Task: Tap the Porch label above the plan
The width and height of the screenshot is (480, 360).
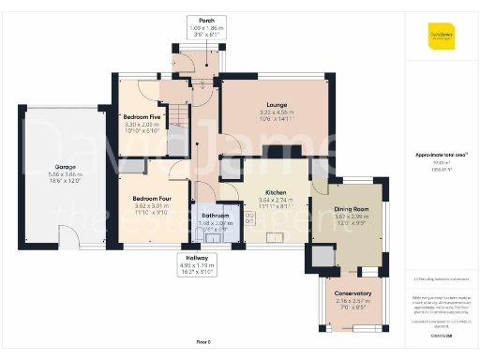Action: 201,21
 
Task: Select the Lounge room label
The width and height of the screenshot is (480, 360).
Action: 276,105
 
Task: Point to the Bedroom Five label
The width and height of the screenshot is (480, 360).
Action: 143,116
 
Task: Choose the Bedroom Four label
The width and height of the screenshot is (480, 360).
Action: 150,199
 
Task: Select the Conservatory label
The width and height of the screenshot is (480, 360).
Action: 353,293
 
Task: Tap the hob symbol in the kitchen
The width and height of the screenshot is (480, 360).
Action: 249,217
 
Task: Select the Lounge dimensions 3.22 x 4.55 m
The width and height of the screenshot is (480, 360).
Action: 276,112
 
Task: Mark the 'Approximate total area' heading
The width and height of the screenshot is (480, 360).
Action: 440,154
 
